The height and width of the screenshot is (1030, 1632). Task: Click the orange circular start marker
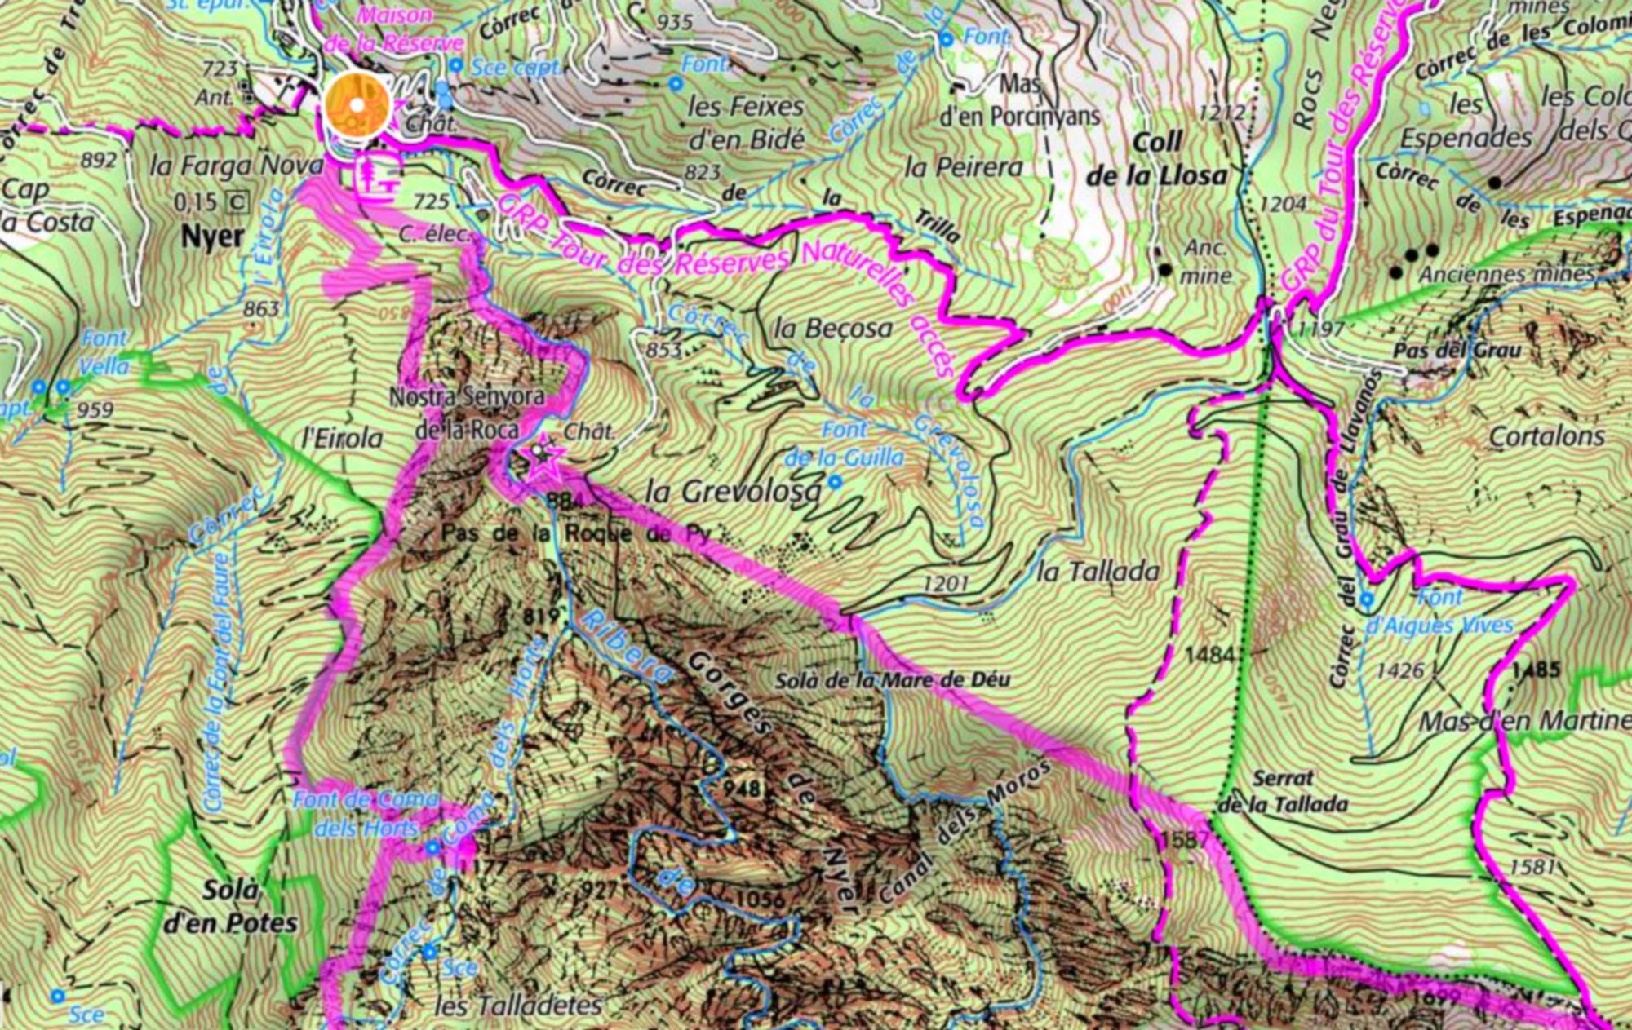pos(357,105)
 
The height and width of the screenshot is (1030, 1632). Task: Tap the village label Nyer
pos(212,237)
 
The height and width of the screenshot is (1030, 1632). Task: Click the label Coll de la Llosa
pos(1157,159)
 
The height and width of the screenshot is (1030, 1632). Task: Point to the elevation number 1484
pos(1210,654)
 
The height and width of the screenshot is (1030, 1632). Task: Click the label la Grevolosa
pos(733,492)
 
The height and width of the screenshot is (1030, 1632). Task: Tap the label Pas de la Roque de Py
pos(577,534)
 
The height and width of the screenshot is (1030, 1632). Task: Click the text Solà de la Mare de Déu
pos(892,679)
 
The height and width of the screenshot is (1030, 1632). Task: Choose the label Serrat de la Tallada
pos(1283,791)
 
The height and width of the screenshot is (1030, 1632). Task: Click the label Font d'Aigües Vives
pos(1439,612)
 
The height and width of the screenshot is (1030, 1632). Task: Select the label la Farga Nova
pos(237,166)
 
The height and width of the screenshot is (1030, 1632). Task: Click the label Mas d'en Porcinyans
pos(1020,101)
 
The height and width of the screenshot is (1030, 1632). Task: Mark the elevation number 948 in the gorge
pos(741,789)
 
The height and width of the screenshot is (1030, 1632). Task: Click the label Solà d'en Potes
pos(231,906)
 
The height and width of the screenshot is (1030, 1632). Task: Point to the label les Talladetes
pos(518,1006)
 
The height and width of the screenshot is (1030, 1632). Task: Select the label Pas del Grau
pos(1457,351)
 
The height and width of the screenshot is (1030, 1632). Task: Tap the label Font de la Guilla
pos(845,444)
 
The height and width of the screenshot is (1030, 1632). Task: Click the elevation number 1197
pos(1320,329)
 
